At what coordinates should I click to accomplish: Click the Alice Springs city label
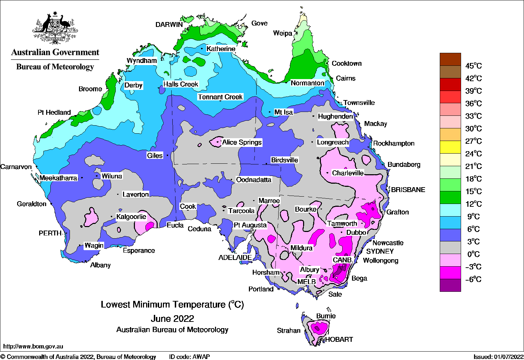[x=242, y=142]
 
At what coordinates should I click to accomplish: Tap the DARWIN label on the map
[x=169, y=24]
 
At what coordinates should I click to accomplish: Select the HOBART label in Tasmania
[x=339, y=339]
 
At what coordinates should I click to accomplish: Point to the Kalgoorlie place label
[x=131, y=217]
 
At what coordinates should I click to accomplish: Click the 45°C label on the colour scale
[x=473, y=66]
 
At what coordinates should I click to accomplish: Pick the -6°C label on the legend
[x=473, y=279]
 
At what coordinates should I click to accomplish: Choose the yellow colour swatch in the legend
[x=450, y=147]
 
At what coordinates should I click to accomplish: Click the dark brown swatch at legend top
[x=450, y=59]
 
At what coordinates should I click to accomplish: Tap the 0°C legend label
[x=473, y=254]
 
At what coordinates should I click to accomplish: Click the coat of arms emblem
[x=55, y=28]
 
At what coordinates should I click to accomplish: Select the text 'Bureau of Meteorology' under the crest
[x=55, y=66]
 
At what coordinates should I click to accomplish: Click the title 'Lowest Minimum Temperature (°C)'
[x=172, y=304]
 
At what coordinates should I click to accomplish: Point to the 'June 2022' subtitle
[x=172, y=318]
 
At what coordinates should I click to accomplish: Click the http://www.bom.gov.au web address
[x=33, y=346]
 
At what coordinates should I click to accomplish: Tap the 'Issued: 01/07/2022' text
[x=498, y=357]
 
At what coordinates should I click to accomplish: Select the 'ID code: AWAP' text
[x=189, y=357]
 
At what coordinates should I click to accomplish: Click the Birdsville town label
[x=285, y=160]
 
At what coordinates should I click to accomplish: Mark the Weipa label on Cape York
[x=282, y=33]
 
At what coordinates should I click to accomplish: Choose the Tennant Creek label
[x=220, y=97]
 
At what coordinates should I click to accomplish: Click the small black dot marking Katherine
[x=202, y=49]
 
